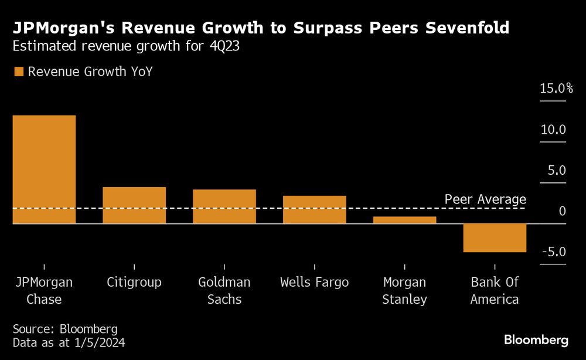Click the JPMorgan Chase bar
point(44,169)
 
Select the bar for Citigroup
point(134,205)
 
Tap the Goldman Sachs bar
point(224,206)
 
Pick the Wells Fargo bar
point(315,209)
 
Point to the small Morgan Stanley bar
point(405,220)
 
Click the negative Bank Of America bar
point(495,238)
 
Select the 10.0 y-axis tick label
point(553,130)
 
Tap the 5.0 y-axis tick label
point(556,171)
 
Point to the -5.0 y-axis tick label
point(554,252)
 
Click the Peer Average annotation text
point(485,199)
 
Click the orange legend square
point(18,72)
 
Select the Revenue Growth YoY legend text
point(90,72)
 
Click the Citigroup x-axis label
point(134,282)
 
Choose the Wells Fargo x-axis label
point(315,282)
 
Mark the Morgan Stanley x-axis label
point(405,291)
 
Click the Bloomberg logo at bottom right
point(536,340)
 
